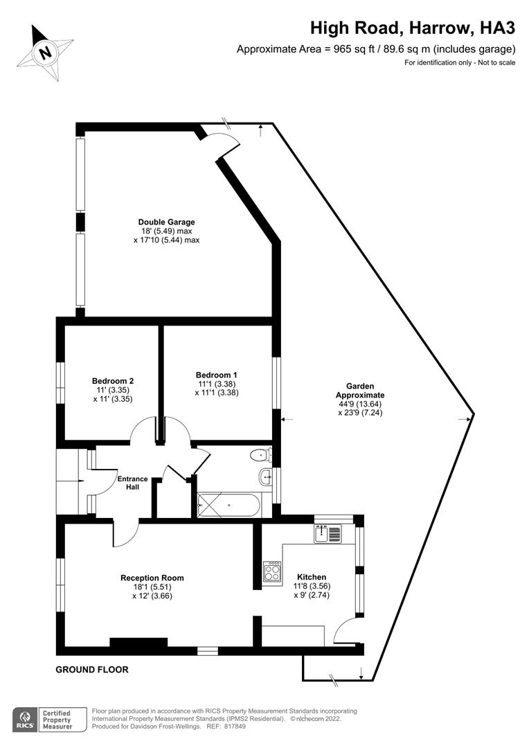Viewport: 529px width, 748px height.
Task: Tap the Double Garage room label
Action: [166, 222]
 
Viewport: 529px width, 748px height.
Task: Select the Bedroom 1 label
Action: [217, 375]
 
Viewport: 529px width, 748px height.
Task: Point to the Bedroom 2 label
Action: [113, 381]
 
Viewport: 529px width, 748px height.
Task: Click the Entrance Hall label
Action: [133, 483]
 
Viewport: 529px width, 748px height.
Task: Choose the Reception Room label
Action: [152, 578]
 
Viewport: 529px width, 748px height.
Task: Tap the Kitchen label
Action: [312, 577]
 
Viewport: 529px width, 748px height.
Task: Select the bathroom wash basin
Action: [266, 476]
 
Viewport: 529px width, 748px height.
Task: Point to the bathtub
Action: [229, 505]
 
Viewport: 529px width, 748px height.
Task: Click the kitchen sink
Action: [328, 533]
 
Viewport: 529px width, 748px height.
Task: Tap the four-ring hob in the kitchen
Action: [272, 571]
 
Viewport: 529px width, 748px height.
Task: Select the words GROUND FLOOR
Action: [92, 670]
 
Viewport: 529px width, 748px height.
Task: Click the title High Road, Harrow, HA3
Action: [413, 28]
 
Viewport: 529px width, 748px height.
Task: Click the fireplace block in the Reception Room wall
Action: [138, 642]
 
